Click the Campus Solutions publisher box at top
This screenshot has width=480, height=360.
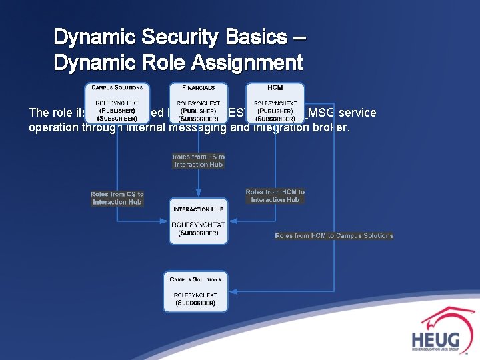(117, 103)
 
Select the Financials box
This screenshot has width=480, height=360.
(199, 103)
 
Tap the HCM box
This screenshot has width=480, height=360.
(275, 103)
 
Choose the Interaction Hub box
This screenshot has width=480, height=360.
(198, 221)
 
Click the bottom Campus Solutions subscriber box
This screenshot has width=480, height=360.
(195, 291)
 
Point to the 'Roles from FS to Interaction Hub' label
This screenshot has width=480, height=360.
(199, 161)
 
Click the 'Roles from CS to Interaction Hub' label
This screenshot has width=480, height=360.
(117, 198)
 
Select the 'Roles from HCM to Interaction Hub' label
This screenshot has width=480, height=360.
(275, 195)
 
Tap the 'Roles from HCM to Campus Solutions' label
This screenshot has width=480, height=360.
(334, 235)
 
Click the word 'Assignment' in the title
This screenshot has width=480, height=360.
(247, 63)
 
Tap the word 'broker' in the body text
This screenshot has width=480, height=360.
(331, 127)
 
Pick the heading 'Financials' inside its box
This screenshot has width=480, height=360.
(199, 87)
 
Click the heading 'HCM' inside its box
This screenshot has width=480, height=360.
(275, 87)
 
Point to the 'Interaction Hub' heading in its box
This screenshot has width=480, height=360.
(198, 209)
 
